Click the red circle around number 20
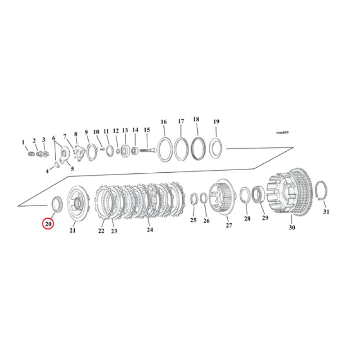pyautogui.click(x=48, y=223)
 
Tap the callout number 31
pyautogui.click(x=326, y=212)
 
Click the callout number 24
pyautogui.click(x=150, y=230)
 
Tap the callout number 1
pyautogui.click(x=23, y=142)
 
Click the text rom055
pyautogui.click(x=282, y=133)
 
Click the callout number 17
pyautogui.click(x=180, y=121)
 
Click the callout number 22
pyautogui.click(x=101, y=230)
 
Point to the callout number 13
pyautogui.click(x=125, y=130)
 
